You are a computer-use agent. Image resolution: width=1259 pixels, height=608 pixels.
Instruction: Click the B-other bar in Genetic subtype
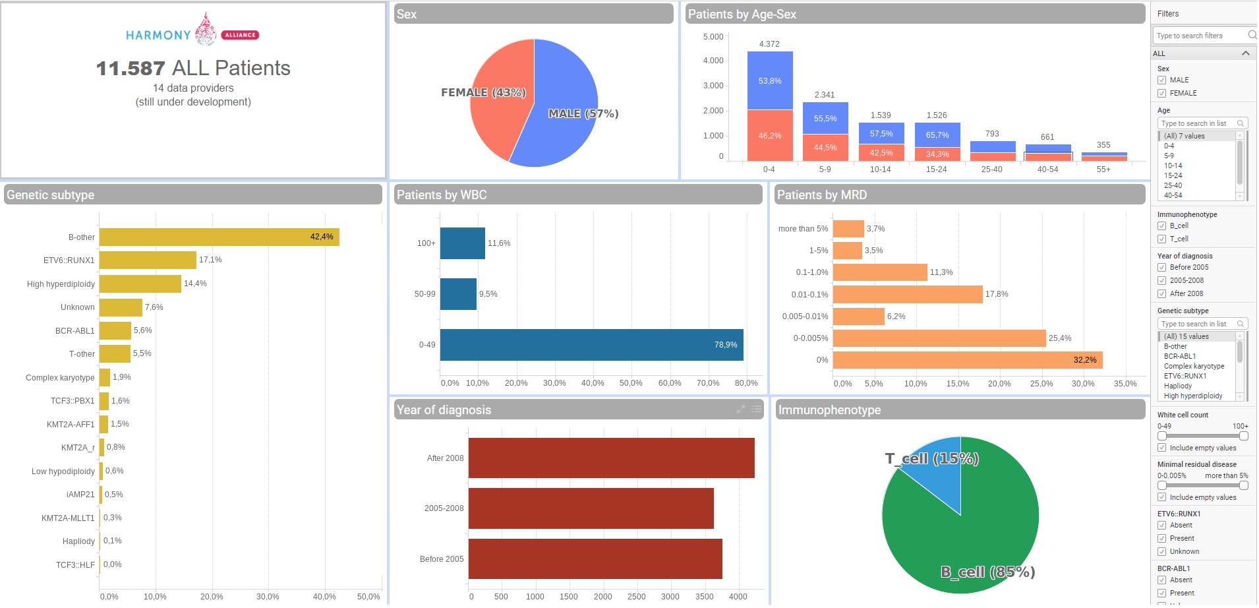tap(219, 237)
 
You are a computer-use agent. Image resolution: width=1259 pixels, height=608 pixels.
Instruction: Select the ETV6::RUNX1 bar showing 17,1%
tap(148, 260)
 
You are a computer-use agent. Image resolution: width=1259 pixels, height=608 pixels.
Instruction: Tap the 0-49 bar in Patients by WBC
tap(591, 345)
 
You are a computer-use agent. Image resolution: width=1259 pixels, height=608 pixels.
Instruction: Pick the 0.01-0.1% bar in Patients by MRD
tap(908, 295)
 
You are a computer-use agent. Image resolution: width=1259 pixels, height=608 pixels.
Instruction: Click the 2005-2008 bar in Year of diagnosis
tap(591, 508)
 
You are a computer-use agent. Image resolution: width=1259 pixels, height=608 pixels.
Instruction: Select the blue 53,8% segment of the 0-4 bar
tap(770, 80)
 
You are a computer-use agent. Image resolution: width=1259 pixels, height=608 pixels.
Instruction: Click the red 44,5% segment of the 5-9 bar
tap(825, 148)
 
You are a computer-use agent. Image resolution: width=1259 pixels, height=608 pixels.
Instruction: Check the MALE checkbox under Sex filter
tap(1162, 80)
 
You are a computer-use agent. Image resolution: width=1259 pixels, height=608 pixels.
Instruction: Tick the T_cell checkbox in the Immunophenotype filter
tap(1162, 239)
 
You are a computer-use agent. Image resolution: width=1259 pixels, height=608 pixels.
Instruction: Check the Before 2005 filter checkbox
tap(1162, 268)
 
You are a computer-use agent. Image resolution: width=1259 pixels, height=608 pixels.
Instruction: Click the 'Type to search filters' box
tap(1200, 36)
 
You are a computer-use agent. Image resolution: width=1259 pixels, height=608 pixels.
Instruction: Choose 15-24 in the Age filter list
tap(1173, 176)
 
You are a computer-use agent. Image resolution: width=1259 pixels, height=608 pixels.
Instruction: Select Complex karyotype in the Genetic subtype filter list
tap(1194, 367)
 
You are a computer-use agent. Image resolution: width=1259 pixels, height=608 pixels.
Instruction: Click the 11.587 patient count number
tap(131, 69)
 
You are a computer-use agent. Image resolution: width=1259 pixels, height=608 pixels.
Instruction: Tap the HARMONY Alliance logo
tap(192, 32)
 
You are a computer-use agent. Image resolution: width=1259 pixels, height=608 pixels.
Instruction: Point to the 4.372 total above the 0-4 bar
tap(769, 44)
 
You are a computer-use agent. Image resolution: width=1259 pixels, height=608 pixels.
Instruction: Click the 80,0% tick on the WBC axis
tap(746, 383)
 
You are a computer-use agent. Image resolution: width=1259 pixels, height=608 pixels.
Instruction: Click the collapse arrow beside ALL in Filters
tap(1245, 53)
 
